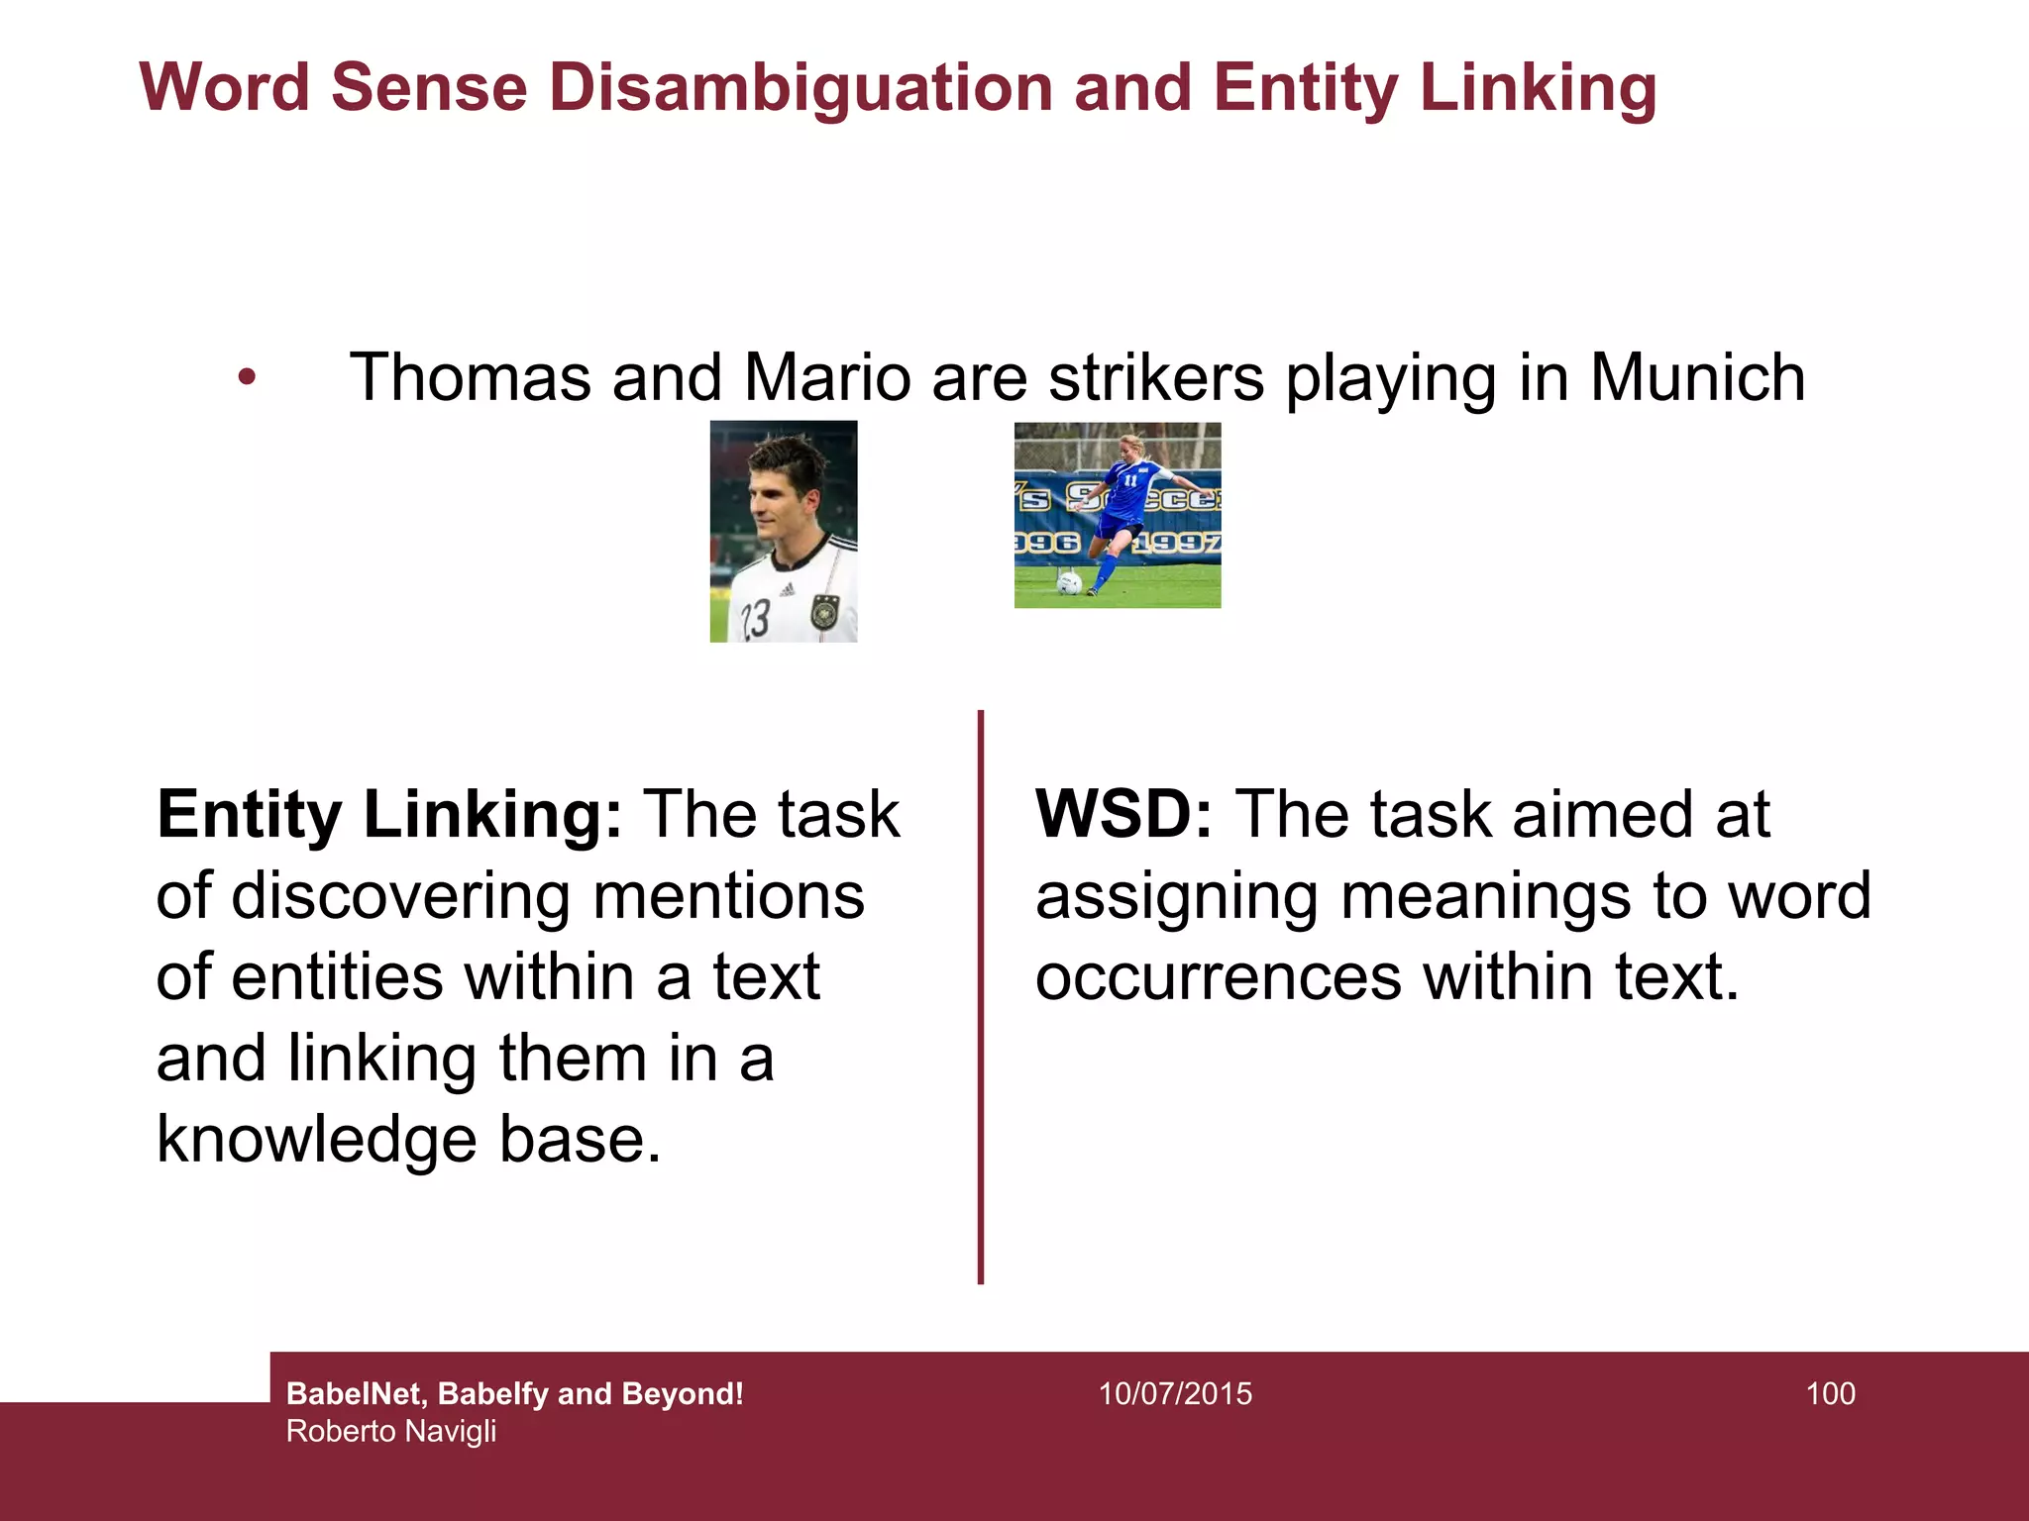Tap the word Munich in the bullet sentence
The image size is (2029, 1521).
1697,378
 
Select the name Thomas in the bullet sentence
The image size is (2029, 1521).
470,378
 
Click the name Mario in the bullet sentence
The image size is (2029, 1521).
827,378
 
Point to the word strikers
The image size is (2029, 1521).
1156,378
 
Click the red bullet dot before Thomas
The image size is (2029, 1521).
247,377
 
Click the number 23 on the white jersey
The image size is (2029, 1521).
755,619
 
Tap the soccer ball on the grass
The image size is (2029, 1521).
1068,583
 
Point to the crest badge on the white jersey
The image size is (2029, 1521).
824,611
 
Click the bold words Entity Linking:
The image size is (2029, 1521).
389,815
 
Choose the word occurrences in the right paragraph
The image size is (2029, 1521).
1219,977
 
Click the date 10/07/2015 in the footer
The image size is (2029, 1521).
1175,1394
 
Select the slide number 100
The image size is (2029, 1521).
1830,1394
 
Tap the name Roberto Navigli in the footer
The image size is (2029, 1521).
391,1432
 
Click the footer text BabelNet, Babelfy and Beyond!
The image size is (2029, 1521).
514,1394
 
